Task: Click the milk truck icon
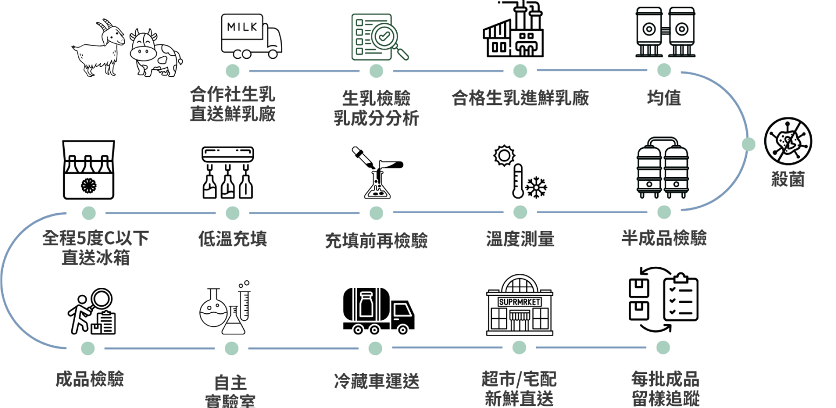(252, 36)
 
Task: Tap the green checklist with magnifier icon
(379, 36)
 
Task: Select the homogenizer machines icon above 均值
(665, 32)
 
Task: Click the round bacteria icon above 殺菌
(788, 140)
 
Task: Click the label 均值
(664, 98)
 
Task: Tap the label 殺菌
(788, 179)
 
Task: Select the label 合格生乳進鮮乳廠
(520, 98)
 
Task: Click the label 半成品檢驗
(664, 238)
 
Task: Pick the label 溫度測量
(520, 239)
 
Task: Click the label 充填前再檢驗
(376, 240)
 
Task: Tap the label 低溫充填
(232, 239)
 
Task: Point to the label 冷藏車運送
(376, 381)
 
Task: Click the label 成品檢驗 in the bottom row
(90, 379)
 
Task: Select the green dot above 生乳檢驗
(376, 71)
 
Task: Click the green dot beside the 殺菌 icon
(748, 144)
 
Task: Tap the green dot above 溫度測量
(520, 212)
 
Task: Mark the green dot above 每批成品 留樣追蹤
(663, 347)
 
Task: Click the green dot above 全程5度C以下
(89, 213)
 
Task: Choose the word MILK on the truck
(243, 27)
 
